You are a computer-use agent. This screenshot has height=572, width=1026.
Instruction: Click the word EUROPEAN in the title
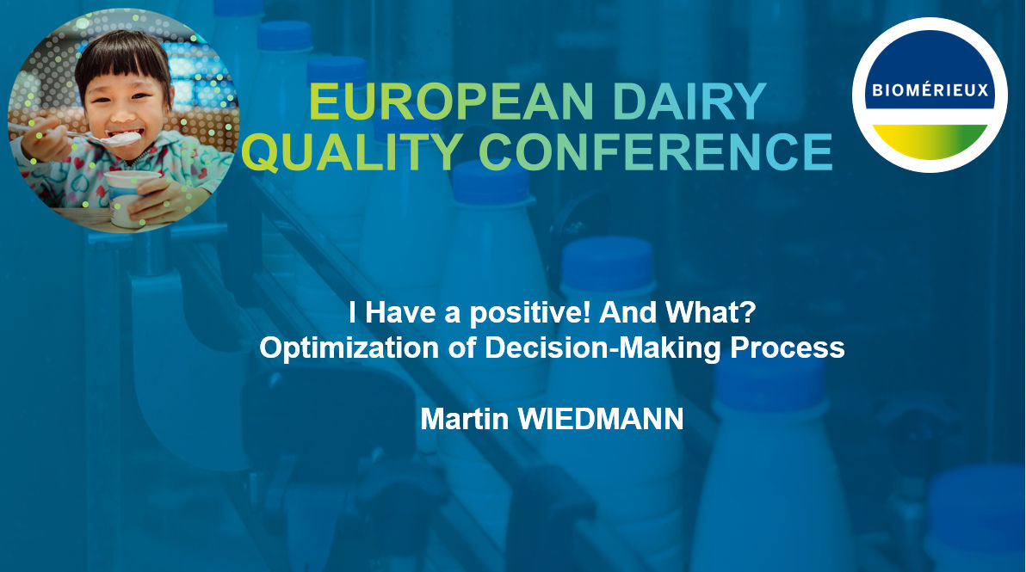[x=451, y=101]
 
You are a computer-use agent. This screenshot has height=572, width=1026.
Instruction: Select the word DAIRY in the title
[x=689, y=101]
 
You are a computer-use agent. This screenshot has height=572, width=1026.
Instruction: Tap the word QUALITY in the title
[x=353, y=151]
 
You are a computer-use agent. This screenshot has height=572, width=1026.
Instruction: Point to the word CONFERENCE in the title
[x=655, y=151]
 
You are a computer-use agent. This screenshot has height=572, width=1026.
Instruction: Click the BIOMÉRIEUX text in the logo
[x=930, y=89]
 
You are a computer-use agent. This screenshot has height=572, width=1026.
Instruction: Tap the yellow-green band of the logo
[x=930, y=140]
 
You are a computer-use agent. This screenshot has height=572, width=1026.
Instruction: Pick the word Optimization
[x=349, y=348]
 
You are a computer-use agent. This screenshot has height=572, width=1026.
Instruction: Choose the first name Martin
[x=465, y=418]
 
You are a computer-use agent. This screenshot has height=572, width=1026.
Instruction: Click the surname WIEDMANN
[x=601, y=418]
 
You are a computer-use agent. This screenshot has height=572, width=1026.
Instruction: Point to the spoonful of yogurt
[x=122, y=138]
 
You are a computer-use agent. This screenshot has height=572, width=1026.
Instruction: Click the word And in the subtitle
[x=628, y=312]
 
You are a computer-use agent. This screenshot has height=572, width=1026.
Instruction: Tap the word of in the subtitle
[x=461, y=348]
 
